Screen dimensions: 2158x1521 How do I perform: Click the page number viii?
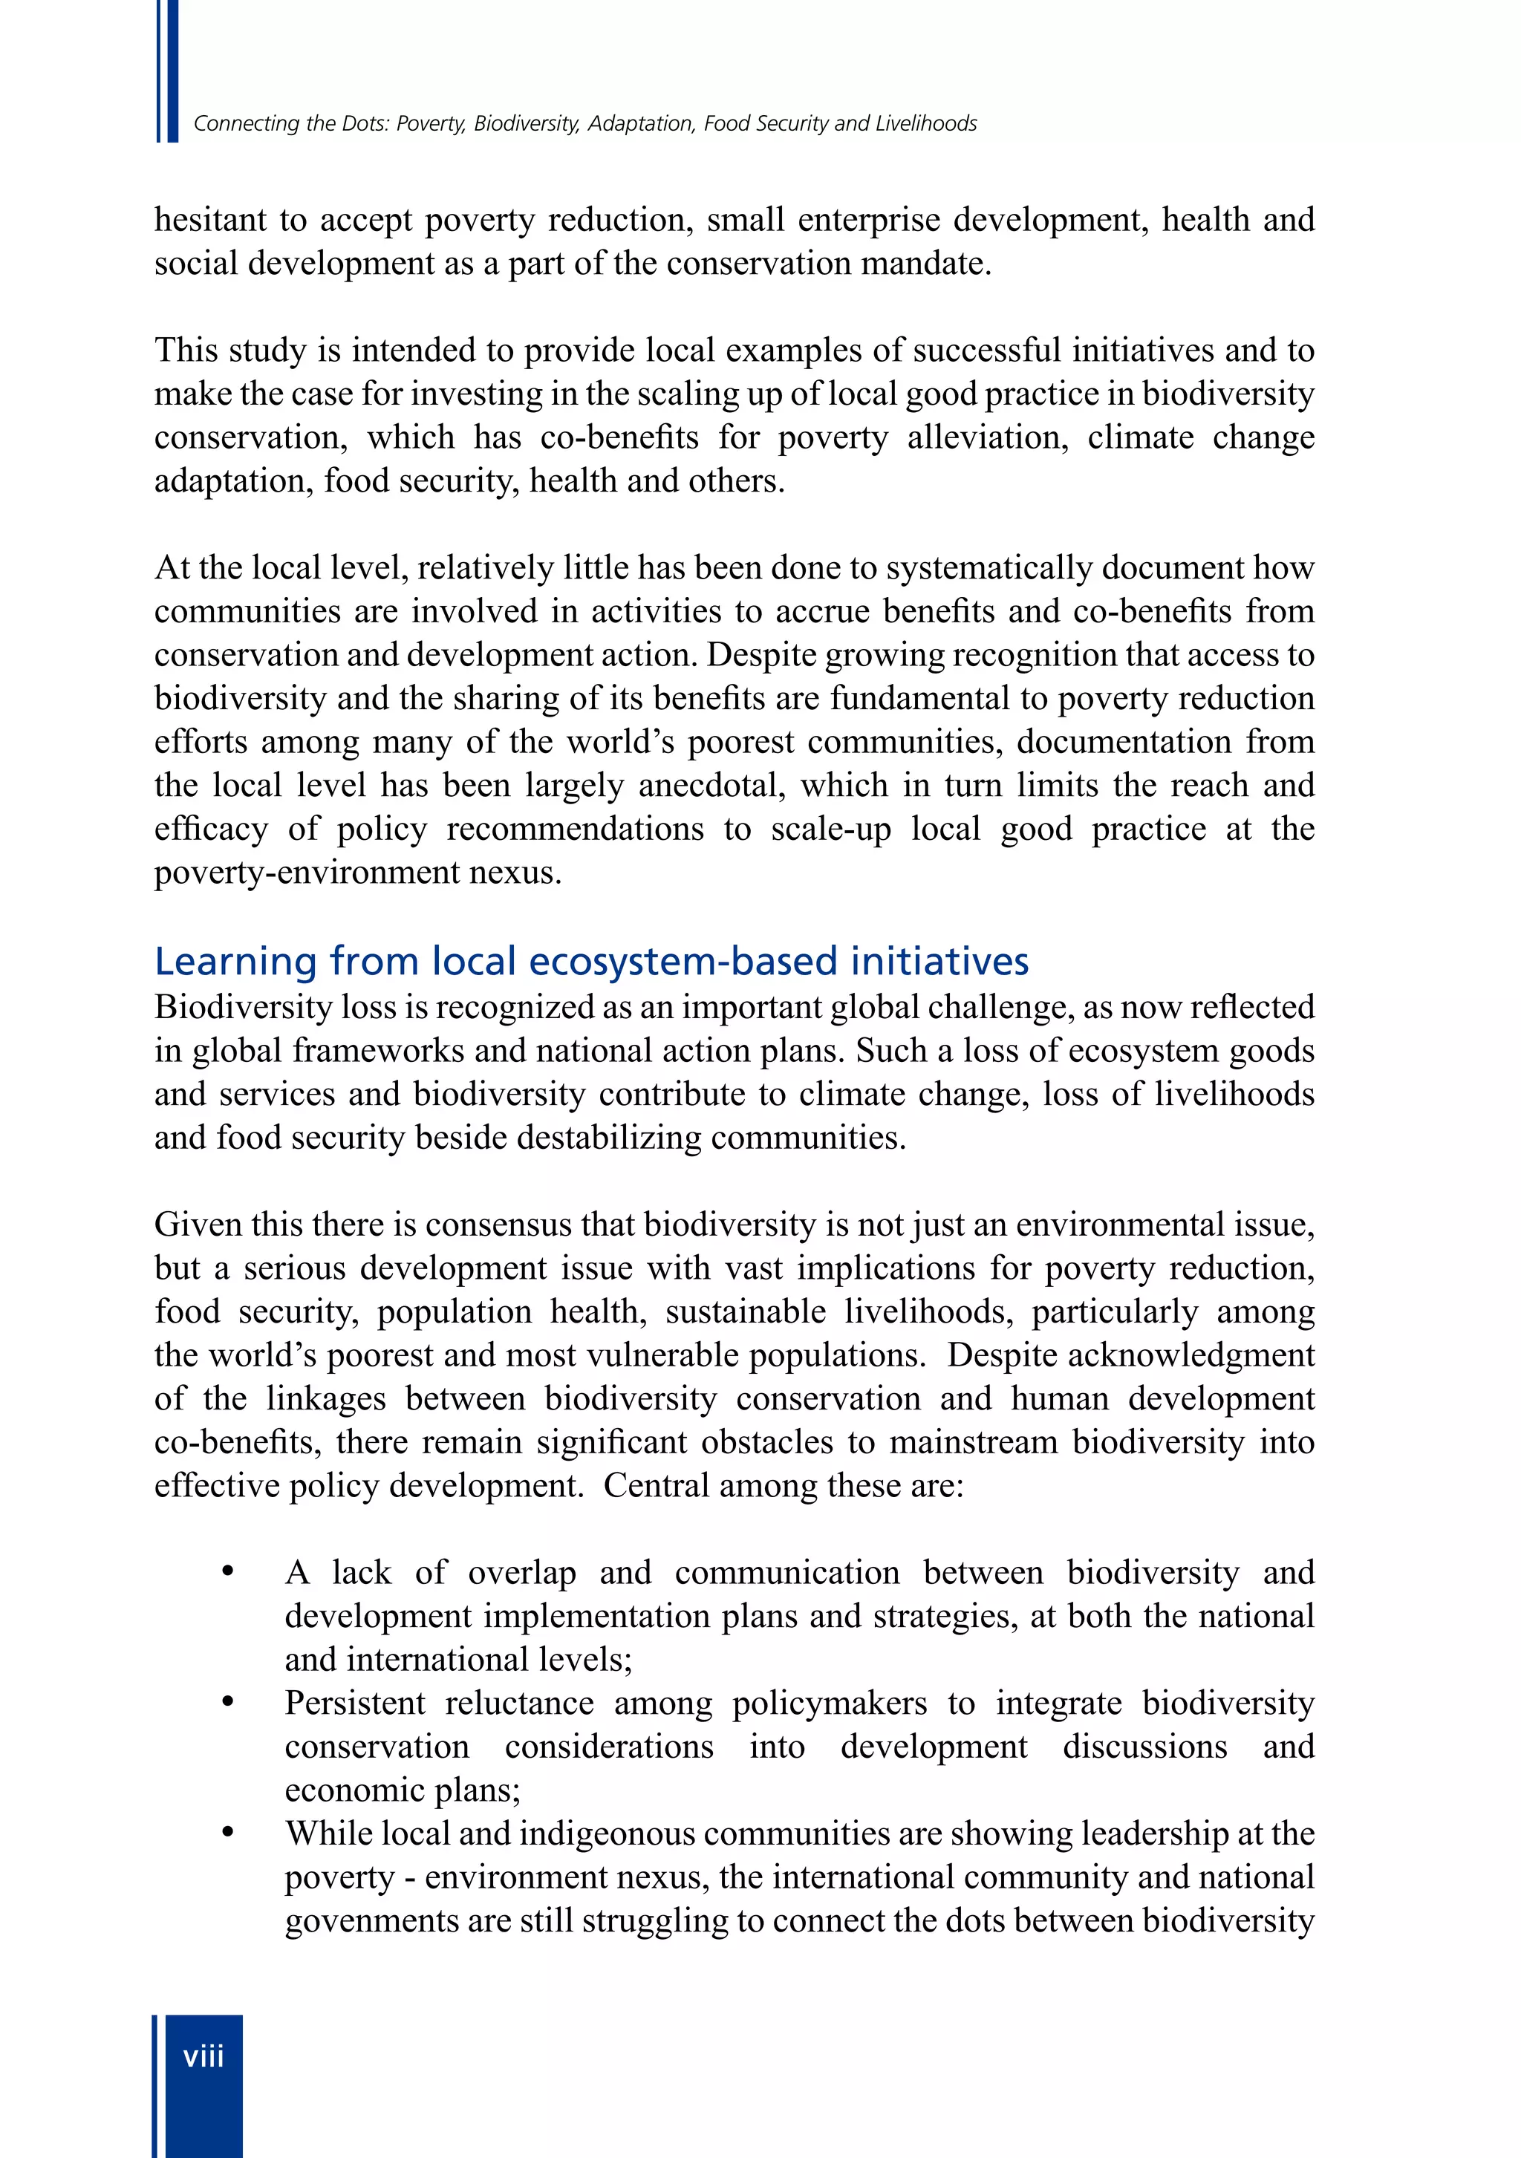click(x=203, y=2056)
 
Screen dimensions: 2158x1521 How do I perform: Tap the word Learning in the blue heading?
click(x=235, y=962)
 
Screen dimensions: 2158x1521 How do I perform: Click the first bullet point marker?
click(x=227, y=1571)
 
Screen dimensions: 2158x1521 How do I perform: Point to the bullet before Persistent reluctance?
click(x=227, y=1702)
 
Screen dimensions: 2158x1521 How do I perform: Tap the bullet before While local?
click(x=227, y=1833)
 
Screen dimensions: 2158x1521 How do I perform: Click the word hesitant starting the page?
click(x=211, y=220)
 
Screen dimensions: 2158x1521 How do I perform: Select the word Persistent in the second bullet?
click(x=355, y=1702)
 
